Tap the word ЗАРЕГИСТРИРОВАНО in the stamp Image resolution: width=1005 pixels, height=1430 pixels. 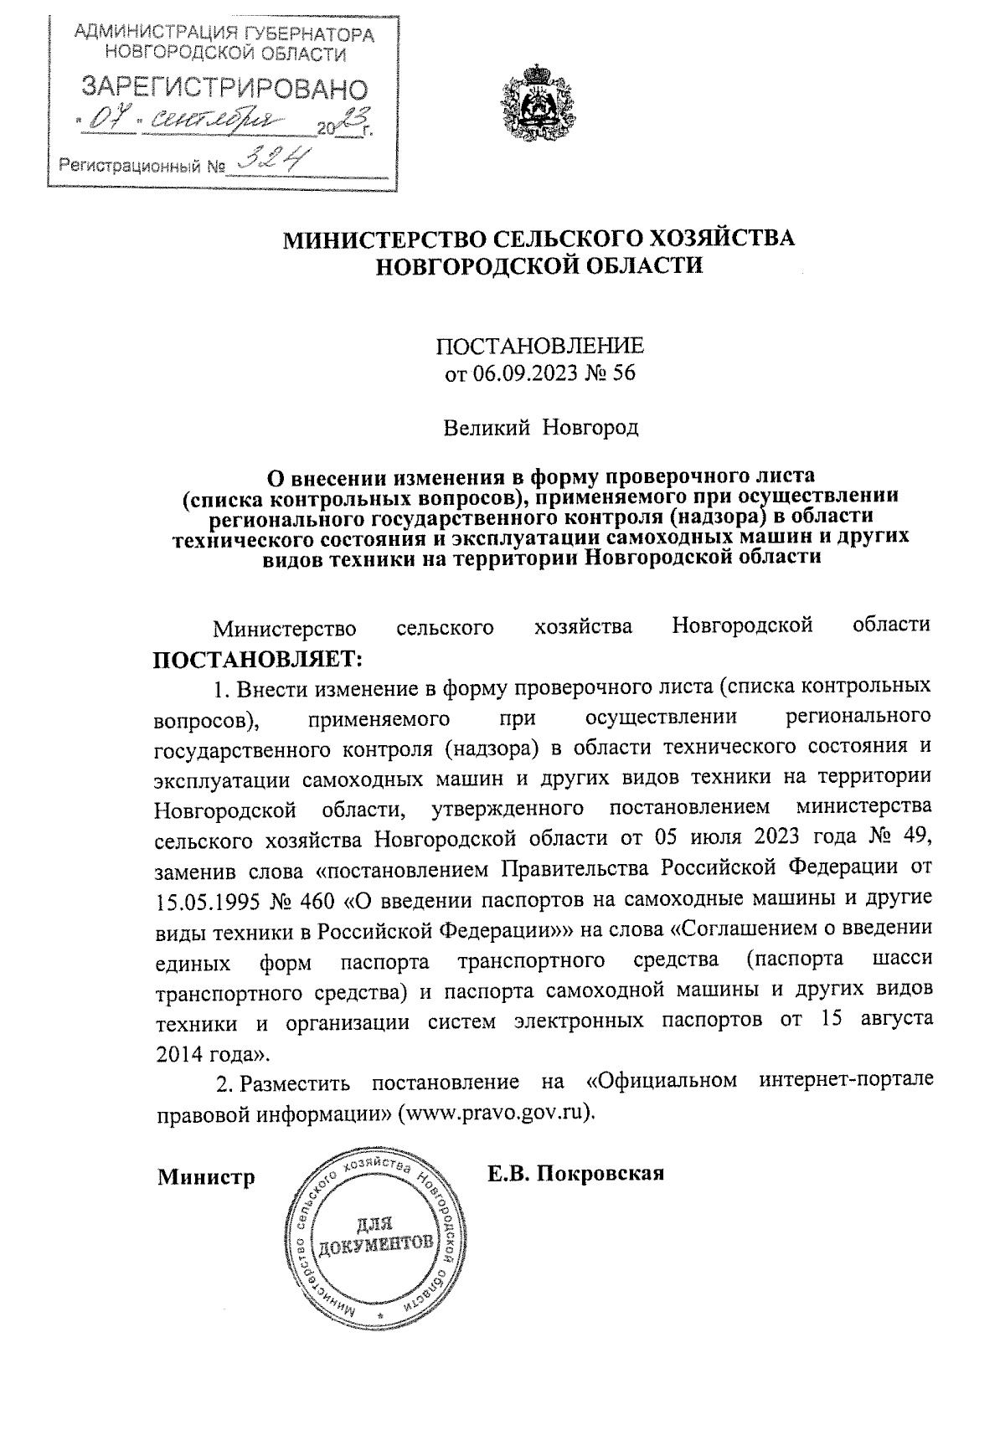click(x=223, y=90)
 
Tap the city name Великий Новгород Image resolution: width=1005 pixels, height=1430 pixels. click(x=540, y=429)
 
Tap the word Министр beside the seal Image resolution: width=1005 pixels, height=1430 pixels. click(x=206, y=1177)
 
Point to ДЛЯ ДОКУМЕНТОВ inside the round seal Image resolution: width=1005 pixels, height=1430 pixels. click(x=374, y=1233)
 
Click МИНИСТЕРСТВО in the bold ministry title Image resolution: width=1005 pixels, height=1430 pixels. click(x=382, y=239)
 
